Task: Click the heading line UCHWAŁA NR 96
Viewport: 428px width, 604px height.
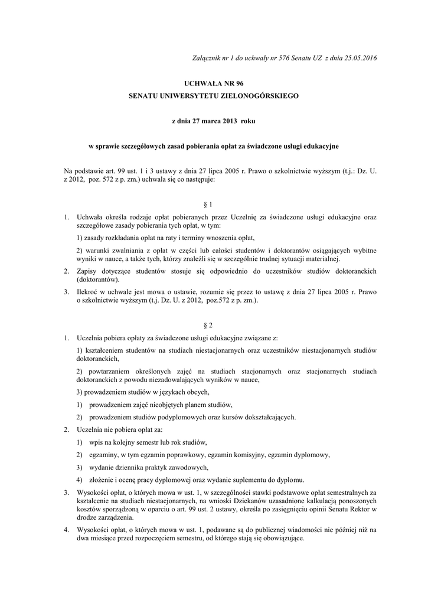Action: [x=214, y=84]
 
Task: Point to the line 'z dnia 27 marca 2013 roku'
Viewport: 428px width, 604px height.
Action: [x=214, y=120]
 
